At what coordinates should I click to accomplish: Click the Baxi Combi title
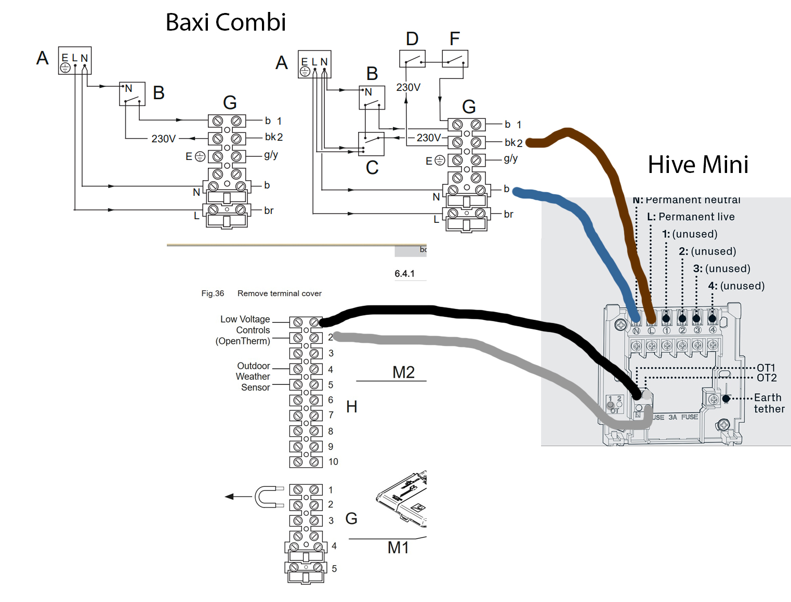[226, 22]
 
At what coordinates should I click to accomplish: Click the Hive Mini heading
[697, 165]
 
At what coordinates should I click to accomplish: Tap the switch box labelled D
[412, 59]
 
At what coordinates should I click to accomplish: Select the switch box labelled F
[455, 59]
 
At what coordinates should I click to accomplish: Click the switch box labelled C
[371, 144]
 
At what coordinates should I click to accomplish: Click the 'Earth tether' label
[769, 403]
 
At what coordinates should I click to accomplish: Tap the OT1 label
[766, 368]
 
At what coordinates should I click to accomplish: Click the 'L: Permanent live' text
[691, 217]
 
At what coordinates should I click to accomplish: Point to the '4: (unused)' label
[736, 286]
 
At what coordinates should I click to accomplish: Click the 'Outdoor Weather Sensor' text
[254, 377]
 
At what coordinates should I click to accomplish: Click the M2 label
[403, 372]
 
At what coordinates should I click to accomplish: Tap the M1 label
[398, 547]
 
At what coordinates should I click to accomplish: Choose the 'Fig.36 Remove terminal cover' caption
[261, 293]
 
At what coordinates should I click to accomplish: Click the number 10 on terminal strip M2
[333, 462]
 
